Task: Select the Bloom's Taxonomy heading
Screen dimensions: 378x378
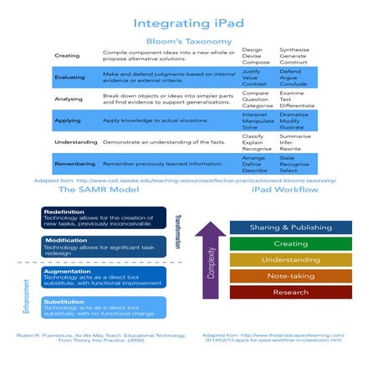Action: tap(188, 39)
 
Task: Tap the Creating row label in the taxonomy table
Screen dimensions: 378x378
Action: tap(67, 56)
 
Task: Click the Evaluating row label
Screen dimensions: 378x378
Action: tap(69, 77)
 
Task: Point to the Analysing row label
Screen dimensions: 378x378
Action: tap(68, 98)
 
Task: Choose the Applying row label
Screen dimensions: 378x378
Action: tap(67, 120)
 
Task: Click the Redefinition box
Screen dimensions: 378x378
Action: tap(92, 217)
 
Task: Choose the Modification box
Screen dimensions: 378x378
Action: tap(92, 246)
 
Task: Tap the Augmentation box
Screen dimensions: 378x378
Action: tap(92, 277)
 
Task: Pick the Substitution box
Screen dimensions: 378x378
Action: tap(92, 306)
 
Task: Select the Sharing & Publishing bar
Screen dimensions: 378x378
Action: tap(290, 227)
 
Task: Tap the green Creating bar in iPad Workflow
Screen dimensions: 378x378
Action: tap(290, 243)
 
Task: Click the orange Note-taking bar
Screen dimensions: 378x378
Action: tap(290, 276)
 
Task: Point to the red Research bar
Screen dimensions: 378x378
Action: tap(290, 293)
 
